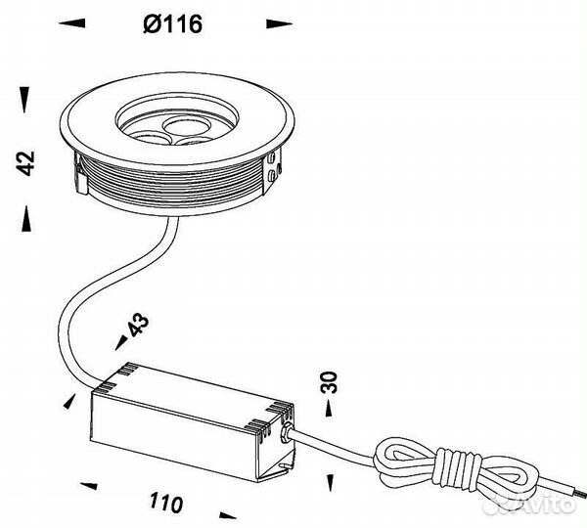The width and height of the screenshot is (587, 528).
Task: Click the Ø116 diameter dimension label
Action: pos(173,23)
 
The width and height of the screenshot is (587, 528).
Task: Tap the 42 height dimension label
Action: pos(26,163)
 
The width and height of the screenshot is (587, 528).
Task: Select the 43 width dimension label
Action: pos(139,325)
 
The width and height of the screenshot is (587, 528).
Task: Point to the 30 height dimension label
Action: pos(329,382)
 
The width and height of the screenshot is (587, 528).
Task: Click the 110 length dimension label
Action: pos(166,503)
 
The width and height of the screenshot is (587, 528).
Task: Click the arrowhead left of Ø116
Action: pos(71,22)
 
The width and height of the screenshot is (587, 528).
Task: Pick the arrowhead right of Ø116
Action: pos(279,23)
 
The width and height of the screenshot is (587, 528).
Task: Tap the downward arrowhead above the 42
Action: pos(24,100)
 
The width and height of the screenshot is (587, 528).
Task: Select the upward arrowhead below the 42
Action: pos(26,218)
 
